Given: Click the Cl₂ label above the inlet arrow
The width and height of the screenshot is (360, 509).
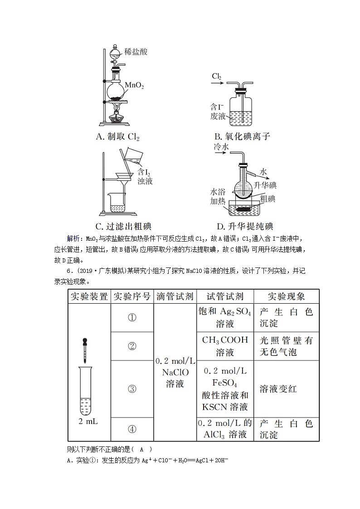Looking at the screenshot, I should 217,76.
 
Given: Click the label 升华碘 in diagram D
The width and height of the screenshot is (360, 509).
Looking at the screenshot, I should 265,185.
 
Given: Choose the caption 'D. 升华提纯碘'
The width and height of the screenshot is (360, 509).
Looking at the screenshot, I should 245,226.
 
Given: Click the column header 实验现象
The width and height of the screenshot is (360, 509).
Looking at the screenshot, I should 286,296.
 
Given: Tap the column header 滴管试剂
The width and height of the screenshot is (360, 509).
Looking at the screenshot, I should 175,296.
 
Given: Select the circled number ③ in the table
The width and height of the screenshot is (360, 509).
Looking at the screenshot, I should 132,389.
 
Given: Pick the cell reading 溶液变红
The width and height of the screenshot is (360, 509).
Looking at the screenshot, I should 278,389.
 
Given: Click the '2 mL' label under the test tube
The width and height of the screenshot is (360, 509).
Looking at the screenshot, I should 88,421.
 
